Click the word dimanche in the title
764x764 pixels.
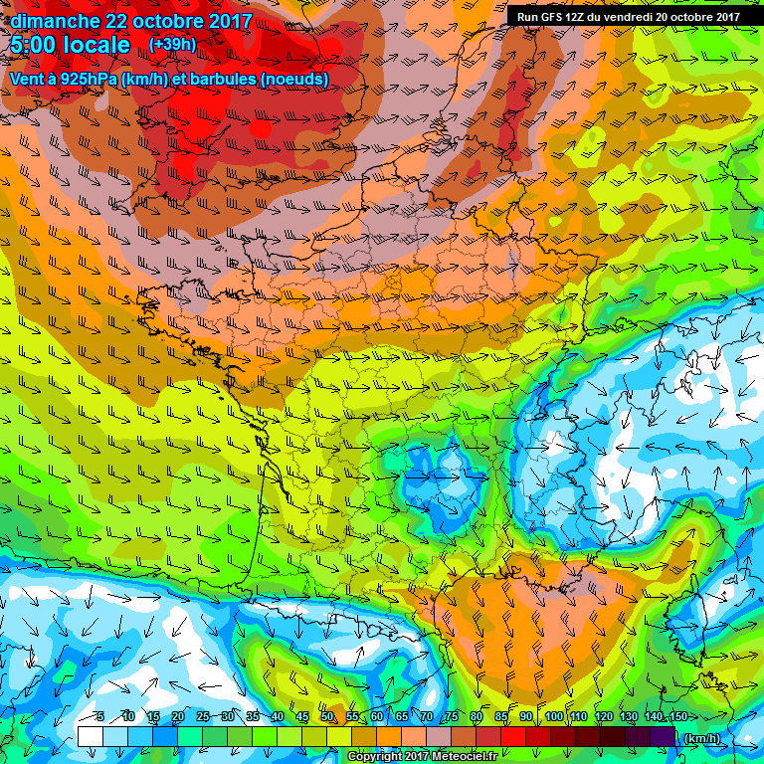click(56, 21)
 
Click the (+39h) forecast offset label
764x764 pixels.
click(173, 45)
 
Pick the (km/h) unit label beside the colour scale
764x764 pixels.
click(701, 738)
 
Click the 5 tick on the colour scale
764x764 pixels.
click(100, 716)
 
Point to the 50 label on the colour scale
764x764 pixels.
click(326, 716)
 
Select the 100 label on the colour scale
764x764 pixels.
click(554, 716)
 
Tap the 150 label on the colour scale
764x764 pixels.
click(676, 716)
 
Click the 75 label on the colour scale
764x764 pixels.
click(451, 716)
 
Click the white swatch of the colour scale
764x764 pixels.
click(90, 736)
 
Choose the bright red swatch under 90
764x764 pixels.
click(537, 736)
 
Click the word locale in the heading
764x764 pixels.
click(96, 46)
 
